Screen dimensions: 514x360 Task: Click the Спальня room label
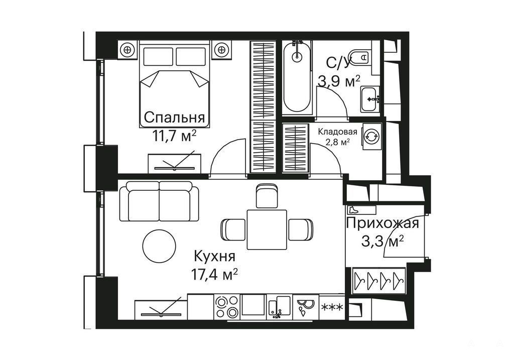click(x=174, y=117)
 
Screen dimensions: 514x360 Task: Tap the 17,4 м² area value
click(x=214, y=274)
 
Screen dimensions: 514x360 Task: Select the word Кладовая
click(x=338, y=132)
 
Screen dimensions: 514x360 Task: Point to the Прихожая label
click(x=382, y=223)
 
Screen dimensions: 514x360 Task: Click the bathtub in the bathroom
click(x=297, y=77)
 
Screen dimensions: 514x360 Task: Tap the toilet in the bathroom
click(x=360, y=57)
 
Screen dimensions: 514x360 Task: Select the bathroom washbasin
click(x=370, y=99)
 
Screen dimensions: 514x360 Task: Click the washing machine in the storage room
click(x=372, y=136)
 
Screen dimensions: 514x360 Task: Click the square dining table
click(x=267, y=229)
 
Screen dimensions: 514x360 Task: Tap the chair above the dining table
click(x=267, y=196)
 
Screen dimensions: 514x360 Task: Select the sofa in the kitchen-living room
click(x=159, y=202)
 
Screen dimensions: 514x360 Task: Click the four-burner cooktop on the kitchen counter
click(x=227, y=307)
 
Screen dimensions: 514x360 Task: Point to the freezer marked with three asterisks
click(x=332, y=307)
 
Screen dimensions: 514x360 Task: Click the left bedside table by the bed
click(x=127, y=50)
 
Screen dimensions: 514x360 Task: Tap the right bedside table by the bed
click(x=221, y=50)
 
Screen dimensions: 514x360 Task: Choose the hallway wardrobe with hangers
click(x=378, y=281)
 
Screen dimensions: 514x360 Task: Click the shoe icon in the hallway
click(x=353, y=209)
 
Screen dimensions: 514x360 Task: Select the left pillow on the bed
click(x=158, y=56)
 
